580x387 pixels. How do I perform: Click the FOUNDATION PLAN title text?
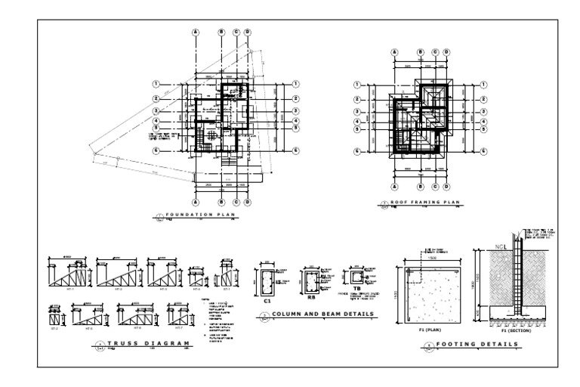[198, 215]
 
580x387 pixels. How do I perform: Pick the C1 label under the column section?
[267, 300]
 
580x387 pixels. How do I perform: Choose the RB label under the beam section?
[310, 297]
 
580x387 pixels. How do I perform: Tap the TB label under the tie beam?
[357, 288]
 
